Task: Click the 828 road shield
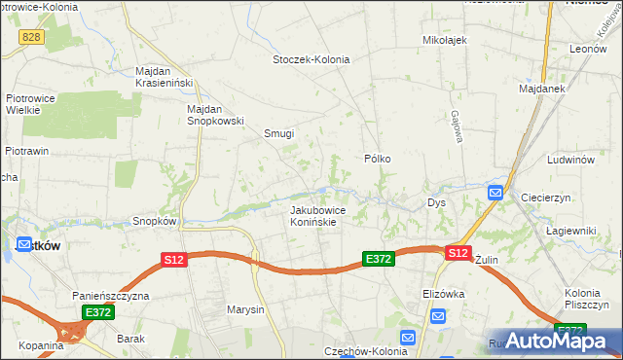30,35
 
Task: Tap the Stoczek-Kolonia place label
311,59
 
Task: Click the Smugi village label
278,134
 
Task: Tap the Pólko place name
378,158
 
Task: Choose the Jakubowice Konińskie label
313,215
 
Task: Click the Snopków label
154,221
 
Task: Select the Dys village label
436,203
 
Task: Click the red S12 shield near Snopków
173,260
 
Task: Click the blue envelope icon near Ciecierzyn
495,193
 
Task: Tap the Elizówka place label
446,292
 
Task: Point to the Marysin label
245,310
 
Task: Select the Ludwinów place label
570,158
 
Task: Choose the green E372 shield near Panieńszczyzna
98,312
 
